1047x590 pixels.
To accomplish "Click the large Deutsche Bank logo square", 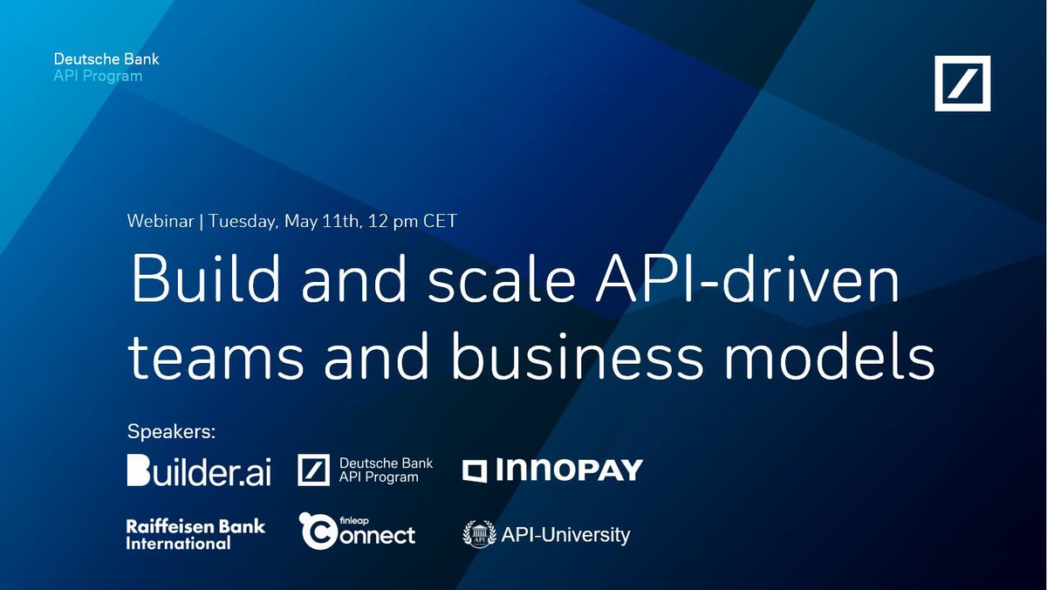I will click(x=962, y=84).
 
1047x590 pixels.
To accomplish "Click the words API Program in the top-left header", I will click(x=98, y=76).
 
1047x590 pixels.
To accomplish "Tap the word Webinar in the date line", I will click(x=161, y=220).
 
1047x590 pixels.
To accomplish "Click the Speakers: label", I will click(x=171, y=431).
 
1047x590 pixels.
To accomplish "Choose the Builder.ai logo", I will click(x=199, y=471).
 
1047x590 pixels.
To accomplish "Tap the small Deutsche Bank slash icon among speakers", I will click(x=313, y=470).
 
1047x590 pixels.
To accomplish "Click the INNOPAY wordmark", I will click(x=568, y=471).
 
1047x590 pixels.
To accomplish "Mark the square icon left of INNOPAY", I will click(x=475, y=471).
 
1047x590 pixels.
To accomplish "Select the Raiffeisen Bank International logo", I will click(x=195, y=534).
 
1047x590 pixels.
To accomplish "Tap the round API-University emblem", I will click(x=478, y=534).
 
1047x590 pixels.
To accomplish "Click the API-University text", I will click(x=565, y=534).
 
